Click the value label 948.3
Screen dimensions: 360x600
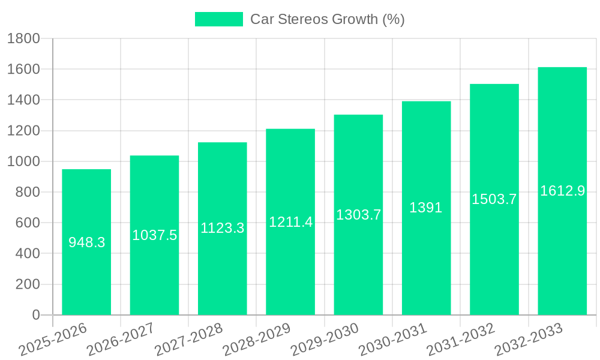coord(86,242)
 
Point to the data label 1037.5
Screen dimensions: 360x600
coord(155,235)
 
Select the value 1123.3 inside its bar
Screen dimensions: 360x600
coord(223,228)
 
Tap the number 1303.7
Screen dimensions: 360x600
coord(358,214)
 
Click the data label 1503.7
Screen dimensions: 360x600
coord(494,199)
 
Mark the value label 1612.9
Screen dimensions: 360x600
coord(562,191)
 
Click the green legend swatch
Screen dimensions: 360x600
coord(219,19)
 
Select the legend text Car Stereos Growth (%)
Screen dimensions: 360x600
coord(328,19)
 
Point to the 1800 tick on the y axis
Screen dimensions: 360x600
coord(23,38)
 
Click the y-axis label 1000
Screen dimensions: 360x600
coord(23,161)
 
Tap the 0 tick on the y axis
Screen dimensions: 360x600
coord(35,315)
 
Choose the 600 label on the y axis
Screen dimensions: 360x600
coord(27,223)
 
